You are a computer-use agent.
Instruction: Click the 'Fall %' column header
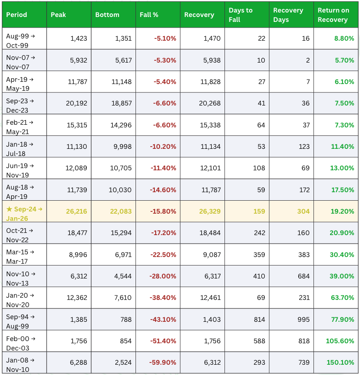149,15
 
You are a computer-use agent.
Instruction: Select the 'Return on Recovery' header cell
333,15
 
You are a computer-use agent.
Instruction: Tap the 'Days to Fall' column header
241,15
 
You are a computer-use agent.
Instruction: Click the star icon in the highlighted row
9,208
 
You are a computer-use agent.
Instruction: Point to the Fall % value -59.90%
165,362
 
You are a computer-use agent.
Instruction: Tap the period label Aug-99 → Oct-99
20,39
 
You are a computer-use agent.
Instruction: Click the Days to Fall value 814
258,319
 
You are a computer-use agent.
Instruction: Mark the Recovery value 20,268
210,103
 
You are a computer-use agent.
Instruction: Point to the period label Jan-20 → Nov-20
20,298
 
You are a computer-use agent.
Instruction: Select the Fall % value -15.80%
165,211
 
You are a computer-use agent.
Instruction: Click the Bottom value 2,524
122,362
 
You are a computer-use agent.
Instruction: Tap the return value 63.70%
343,298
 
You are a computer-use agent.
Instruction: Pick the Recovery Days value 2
308,60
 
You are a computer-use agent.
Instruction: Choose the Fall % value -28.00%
165,276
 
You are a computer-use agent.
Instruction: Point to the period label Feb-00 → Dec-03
20,341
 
